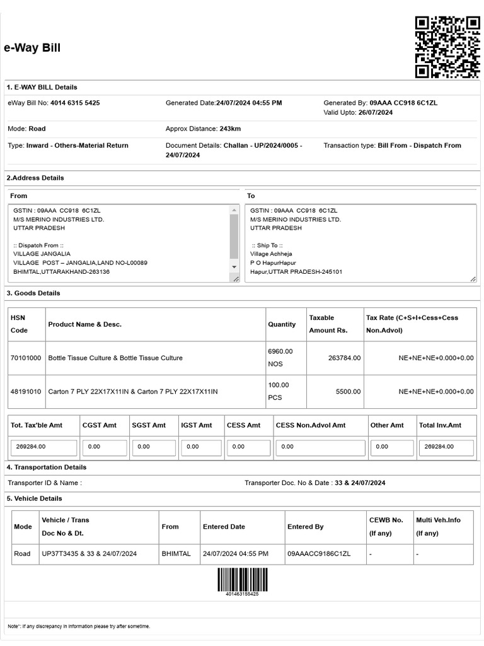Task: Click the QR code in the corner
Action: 447,47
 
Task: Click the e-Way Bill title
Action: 32,48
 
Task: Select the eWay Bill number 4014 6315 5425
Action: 75,103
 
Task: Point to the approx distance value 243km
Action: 230,129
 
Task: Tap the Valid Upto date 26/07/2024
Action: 375,112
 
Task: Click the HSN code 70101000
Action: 26,358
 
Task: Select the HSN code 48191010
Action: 26,391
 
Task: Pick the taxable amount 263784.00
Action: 344,358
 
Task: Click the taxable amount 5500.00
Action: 348,391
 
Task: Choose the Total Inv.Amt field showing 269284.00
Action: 446,447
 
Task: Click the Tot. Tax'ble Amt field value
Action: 43,447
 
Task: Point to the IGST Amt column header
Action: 197,425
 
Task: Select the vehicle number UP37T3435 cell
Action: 89,553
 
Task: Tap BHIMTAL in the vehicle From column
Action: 176,553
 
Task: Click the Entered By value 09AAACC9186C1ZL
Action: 318,553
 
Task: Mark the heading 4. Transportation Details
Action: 47,467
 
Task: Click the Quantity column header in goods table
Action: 282,324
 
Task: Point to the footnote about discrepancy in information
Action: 79,626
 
